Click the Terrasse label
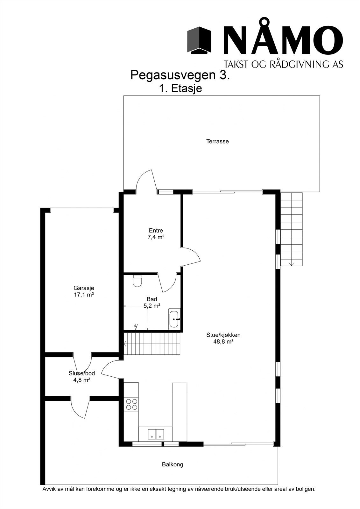pyautogui.click(x=217, y=141)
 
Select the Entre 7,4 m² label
pyautogui.click(x=156, y=234)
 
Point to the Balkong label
pyautogui.click(x=173, y=464)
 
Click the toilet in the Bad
pyautogui.click(x=137, y=281)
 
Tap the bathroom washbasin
pyautogui.click(x=174, y=319)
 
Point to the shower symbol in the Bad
pyautogui.click(x=136, y=326)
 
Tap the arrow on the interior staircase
pyautogui.click(x=125, y=344)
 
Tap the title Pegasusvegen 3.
pyautogui.click(x=180, y=75)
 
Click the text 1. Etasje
pyautogui.click(x=180, y=88)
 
